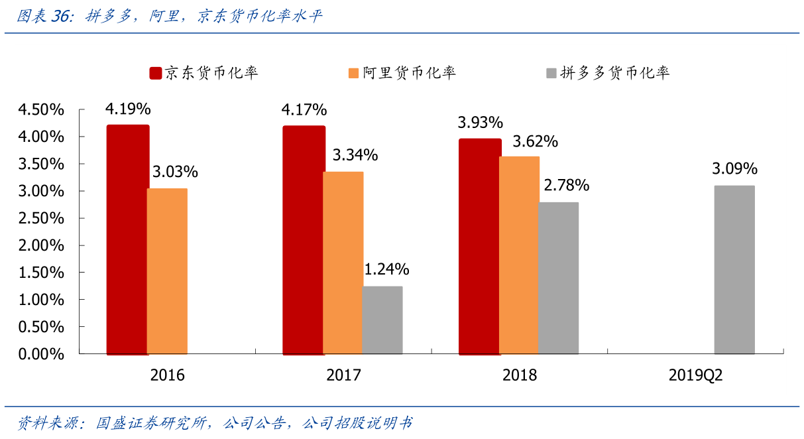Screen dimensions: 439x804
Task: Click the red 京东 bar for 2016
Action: click(128, 239)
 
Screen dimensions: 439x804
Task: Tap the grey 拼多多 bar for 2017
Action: click(382, 320)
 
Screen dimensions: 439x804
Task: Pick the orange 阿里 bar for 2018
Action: click(519, 255)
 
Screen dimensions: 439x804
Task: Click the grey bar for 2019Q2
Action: click(734, 269)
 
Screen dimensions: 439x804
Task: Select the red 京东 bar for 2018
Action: click(480, 246)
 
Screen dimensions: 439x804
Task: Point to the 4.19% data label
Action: click(128, 109)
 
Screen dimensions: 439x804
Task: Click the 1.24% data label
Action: click(386, 270)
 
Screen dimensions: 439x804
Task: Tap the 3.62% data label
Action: click(535, 141)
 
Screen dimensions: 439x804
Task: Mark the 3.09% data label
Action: click(734, 169)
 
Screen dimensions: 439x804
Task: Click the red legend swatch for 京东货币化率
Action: click(155, 73)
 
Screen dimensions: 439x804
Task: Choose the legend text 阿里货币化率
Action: click(409, 73)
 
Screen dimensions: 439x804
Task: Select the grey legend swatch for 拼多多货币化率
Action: click(550, 73)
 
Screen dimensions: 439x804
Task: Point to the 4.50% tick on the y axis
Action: click(41, 109)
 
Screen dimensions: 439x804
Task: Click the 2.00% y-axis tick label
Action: click(41, 245)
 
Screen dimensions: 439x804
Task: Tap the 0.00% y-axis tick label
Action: click(41, 354)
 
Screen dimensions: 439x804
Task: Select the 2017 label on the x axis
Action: click(343, 375)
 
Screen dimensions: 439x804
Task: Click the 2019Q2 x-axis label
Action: click(695, 375)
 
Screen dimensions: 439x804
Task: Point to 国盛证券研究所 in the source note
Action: click(154, 422)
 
